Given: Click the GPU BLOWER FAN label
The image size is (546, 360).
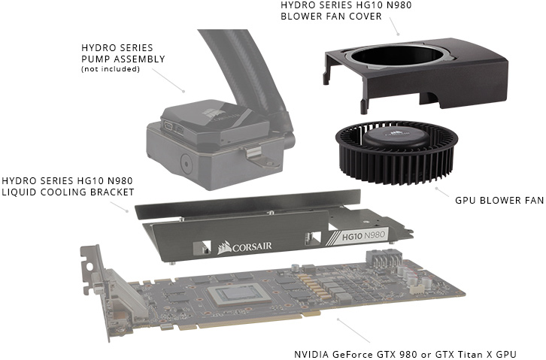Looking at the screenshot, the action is [x=499, y=201].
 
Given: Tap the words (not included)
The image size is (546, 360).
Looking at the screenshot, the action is [x=111, y=69].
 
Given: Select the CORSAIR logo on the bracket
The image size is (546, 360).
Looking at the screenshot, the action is [x=244, y=247].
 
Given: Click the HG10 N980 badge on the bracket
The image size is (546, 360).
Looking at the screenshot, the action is [x=363, y=236].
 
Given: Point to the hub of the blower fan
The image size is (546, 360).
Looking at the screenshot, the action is [x=396, y=136].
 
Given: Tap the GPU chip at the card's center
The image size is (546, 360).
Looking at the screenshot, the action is [x=239, y=295].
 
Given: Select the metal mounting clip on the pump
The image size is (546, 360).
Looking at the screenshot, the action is [x=257, y=156].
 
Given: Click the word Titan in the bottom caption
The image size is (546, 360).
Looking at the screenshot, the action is [x=469, y=355].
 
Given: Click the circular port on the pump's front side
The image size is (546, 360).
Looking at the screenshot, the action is [x=186, y=164].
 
